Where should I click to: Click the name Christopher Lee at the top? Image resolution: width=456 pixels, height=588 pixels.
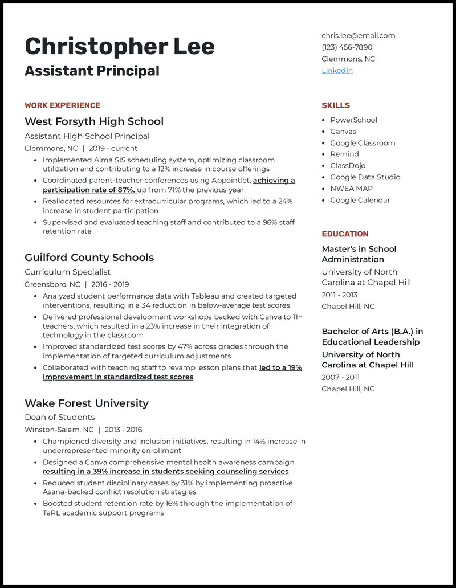pos(120,46)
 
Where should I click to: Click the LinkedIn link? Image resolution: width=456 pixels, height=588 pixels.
pos(337,71)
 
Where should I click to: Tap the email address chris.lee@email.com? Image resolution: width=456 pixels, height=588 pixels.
pos(358,35)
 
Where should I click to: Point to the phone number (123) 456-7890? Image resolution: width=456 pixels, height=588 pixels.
pos(347,47)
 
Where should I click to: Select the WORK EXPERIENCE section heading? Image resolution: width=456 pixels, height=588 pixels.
pos(62,105)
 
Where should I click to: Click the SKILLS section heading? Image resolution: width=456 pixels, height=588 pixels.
pos(336,105)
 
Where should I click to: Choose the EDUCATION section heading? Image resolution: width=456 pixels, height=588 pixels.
pos(345,234)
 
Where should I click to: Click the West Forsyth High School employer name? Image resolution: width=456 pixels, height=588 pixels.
pos(94,121)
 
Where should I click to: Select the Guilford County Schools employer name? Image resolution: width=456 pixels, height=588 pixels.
pos(89,258)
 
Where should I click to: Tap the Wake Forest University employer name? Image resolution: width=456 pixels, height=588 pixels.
pos(86,403)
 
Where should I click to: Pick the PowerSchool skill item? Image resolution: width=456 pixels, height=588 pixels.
pos(353,120)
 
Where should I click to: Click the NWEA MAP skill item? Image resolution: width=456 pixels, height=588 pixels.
pos(352,189)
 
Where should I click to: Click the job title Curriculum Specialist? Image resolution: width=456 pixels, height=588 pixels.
pos(67,272)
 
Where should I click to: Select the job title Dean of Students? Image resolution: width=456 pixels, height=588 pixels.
pos(59,418)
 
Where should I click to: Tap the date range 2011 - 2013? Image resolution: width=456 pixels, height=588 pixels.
pos(340,295)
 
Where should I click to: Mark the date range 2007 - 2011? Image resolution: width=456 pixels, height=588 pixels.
pos(340,378)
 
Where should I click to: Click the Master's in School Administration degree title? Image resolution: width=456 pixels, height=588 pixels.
pos(359,254)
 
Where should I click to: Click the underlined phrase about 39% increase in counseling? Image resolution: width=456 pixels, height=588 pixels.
pos(165,472)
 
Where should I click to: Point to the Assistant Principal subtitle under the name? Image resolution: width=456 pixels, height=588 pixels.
pos(92,71)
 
